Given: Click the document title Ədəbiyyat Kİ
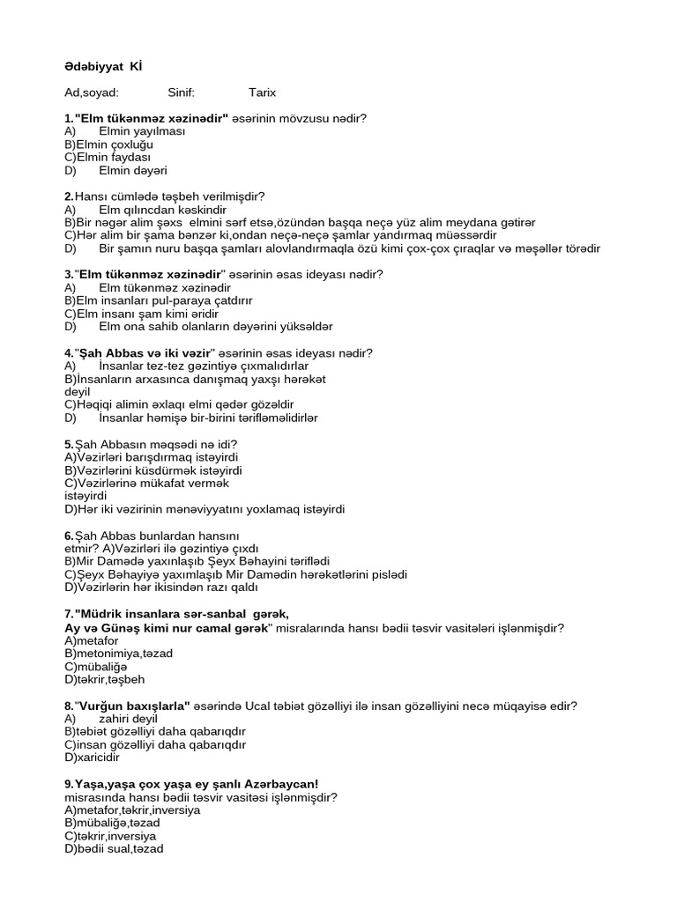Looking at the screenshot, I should [x=103, y=66].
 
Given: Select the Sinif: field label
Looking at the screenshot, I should [x=181, y=92].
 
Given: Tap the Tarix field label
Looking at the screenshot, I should [x=263, y=92].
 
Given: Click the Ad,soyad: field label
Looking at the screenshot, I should [x=92, y=92].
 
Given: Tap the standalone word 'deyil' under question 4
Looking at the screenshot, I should [x=78, y=391].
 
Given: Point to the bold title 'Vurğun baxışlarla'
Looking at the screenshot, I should [x=132, y=706].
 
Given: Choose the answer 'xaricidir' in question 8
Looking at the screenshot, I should [x=93, y=757].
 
